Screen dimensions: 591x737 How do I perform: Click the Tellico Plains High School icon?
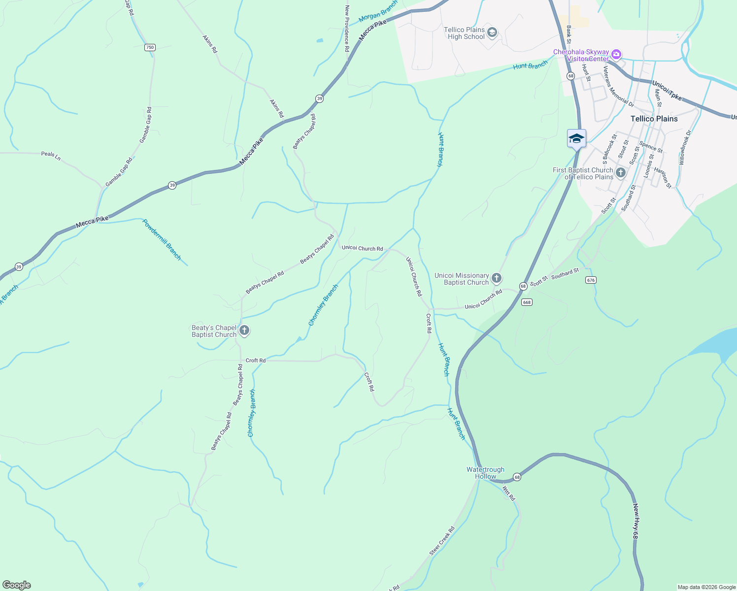[x=492, y=33]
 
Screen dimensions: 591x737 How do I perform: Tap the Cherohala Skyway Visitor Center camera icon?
[x=616, y=55]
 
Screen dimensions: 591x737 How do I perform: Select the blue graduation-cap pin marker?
[x=576, y=139]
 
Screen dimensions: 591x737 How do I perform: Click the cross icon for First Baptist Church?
[x=621, y=173]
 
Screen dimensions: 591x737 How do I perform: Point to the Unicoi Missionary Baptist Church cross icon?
[x=497, y=279]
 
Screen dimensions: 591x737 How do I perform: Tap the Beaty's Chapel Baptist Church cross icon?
[x=244, y=331]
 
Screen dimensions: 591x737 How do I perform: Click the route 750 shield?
[x=150, y=47]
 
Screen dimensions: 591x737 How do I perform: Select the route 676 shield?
[x=591, y=280]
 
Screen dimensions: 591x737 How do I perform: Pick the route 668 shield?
[x=527, y=302]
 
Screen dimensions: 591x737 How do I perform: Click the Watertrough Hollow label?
[x=485, y=473]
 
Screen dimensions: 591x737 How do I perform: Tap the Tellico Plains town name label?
[x=654, y=119]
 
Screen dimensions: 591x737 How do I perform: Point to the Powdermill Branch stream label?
[x=162, y=239]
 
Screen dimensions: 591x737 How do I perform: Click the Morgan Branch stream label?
[x=378, y=12]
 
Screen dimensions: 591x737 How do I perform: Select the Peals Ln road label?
[x=51, y=155]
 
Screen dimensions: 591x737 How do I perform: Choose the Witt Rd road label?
[x=508, y=493]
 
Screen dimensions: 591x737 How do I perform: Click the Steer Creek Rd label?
[x=441, y=541]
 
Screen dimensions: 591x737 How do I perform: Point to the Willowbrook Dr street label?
[x=685, y=147]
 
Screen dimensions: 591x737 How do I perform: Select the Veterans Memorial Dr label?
[x=618, y=87]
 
